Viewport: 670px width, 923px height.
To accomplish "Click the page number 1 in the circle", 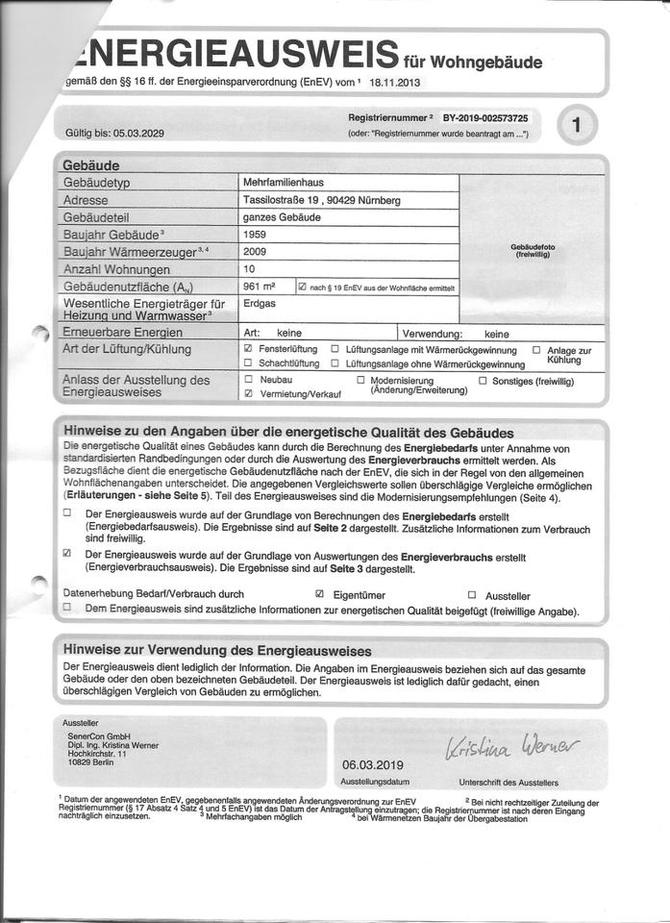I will [576, 124].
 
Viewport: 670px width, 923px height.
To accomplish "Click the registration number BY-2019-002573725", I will [485, 116].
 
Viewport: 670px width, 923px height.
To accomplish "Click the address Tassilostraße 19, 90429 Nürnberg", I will [322, 200].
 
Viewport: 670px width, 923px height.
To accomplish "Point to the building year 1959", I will [257, 234].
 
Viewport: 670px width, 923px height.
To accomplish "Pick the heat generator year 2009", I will [257, 251].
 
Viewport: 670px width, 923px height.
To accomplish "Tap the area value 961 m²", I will [260, 287].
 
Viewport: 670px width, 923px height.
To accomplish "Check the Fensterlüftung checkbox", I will [248, 348].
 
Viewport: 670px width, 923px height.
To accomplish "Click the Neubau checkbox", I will [248, 381].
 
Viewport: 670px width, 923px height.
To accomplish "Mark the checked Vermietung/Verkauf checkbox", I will [248, 394].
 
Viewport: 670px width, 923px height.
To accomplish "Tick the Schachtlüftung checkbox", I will [248, 362].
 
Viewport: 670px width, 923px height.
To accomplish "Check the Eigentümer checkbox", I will [319, 595].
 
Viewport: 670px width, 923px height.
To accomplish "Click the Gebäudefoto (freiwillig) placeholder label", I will [534, 251].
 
